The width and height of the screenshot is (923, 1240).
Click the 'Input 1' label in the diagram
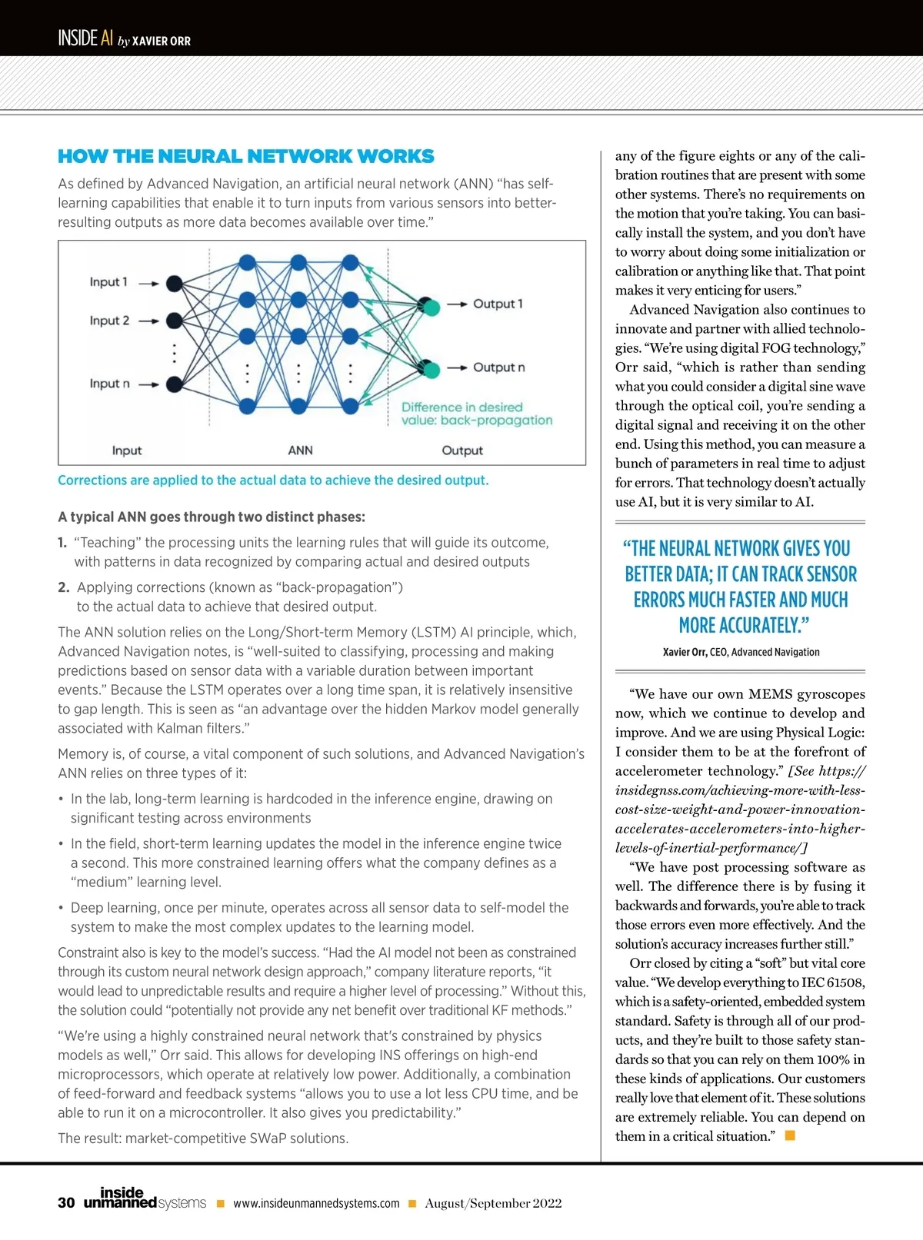108,282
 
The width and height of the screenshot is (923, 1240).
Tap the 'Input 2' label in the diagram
109,321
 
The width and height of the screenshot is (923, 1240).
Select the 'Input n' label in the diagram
109,384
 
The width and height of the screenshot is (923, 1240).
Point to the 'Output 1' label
498,304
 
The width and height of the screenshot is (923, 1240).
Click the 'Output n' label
498,367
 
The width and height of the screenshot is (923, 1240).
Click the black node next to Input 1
175,284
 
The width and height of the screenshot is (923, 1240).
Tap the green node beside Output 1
432,308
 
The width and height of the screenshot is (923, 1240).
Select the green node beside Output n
432,370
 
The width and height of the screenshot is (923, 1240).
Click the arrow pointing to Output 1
458,304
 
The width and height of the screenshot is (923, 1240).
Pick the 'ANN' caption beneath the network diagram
300,450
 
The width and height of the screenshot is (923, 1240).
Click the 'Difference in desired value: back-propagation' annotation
476,414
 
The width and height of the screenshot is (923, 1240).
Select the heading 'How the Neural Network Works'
246,157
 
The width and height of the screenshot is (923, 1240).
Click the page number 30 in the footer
66,1203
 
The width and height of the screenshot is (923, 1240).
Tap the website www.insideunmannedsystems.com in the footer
316,1204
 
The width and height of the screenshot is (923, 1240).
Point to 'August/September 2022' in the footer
493,1204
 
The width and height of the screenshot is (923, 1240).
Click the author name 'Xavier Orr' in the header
162,41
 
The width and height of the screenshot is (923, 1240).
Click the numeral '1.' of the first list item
62,543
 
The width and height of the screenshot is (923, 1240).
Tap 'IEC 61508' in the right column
825,982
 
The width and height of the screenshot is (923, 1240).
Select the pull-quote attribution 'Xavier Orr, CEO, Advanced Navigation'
741,652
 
